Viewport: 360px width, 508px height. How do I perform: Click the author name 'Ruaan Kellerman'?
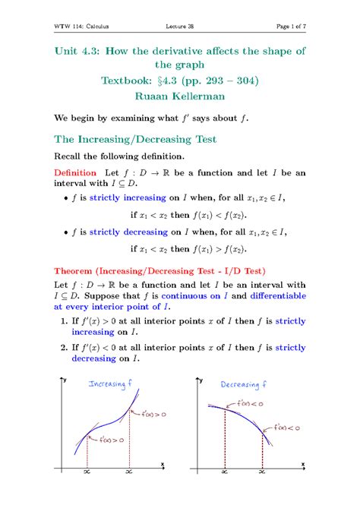coord(179,97)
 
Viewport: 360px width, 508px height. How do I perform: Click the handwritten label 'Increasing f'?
coord(112,383)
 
